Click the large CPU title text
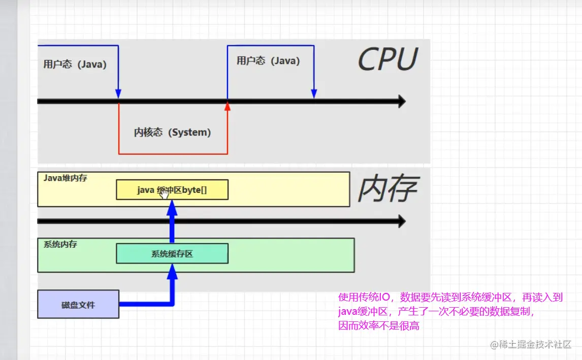pyautogui.click(x=387, y=59)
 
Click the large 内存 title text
pyautogui.click(x=387, y=189)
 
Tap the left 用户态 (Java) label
pyautogui.click(x=75, y=64)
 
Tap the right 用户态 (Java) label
pyautogui.click(x=268, y=61)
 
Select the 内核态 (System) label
pyautogui.click(x=172, y=133)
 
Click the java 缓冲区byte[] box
pyautogui.click(x=172, y=190)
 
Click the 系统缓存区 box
pyautogui.click(x=172, y=254)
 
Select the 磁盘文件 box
pyautogui.click(x=78, y=305)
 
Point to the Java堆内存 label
pyautogui.click(x=65, y=178)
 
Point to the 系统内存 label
pyautogui.click(x=60, y=244)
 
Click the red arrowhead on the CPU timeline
pyautogui.click(x=228, y=106)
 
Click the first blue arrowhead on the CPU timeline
pyautogui.click(x=118, y=94)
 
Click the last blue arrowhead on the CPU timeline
pyautogui.click(x=314, y=94)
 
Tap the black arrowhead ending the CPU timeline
pyautogui.click(x=401, y=101)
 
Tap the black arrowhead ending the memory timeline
pyautogui.click(x=401, y=221)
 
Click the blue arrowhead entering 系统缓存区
pyautogui.click(x=172, y=271)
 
